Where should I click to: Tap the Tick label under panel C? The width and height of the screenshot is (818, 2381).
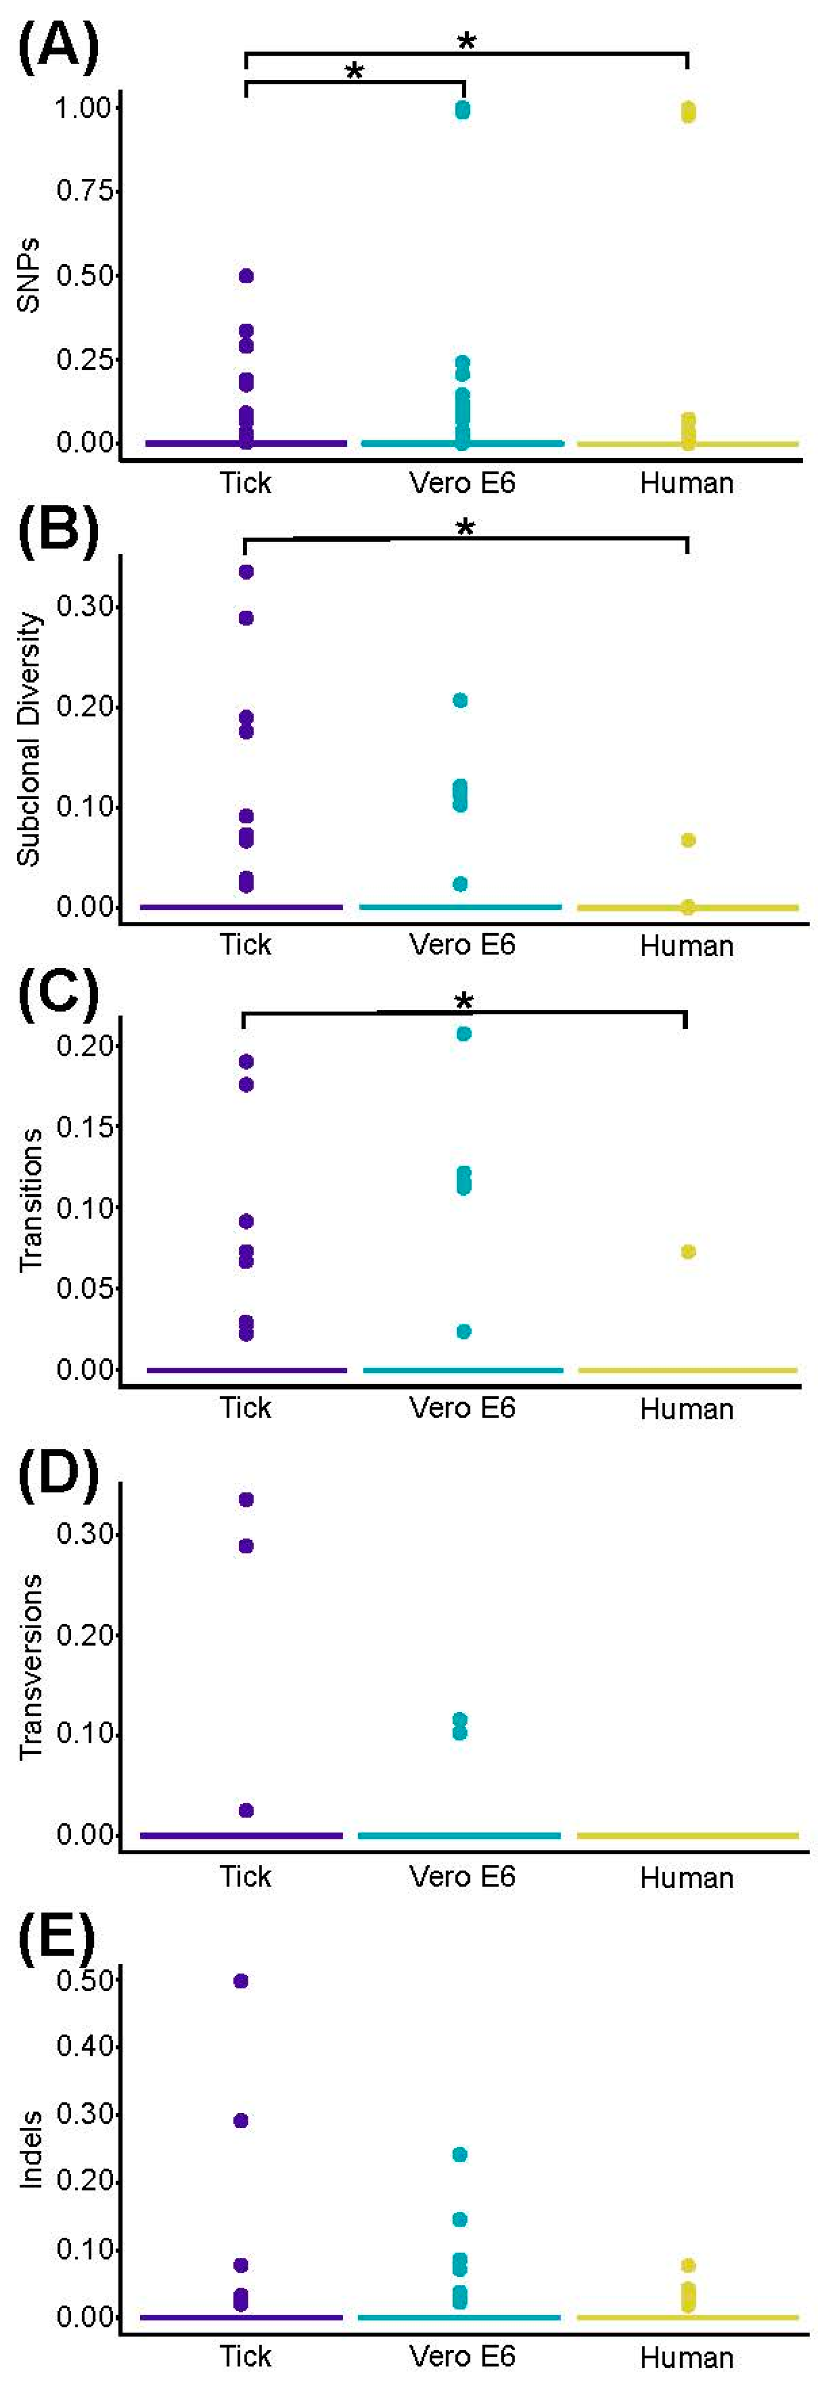(x=245, y=1407)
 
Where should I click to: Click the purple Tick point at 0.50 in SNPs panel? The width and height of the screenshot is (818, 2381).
(x=246, y=275)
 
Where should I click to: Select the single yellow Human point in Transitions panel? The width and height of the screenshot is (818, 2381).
(x=688, y=1252)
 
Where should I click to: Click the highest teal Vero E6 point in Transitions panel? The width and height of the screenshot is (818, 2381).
(x=463, y=1033)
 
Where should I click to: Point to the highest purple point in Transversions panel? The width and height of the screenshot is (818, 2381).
(x=246, y=1499)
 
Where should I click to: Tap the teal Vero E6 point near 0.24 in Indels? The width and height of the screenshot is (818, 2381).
(x=459, y=2154)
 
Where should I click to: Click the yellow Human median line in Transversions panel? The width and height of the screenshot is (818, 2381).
(x=687, y=1835)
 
